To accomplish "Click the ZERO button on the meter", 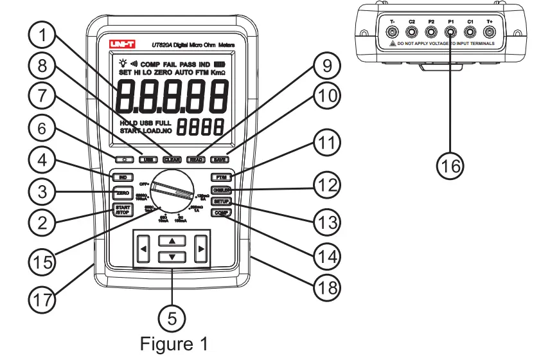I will [x=121, y=193].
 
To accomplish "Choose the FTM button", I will [x=218, y=176].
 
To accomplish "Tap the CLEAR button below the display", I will [x=171, y=159].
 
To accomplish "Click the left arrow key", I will [x=143, y=248].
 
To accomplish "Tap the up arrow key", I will [x=171, y=240].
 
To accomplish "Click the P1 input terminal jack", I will [x=450, y=31].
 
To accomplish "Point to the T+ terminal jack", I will [x=490, y=31].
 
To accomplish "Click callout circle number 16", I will [x=450, y=164].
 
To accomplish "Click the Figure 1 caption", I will [x=173, y=344].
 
